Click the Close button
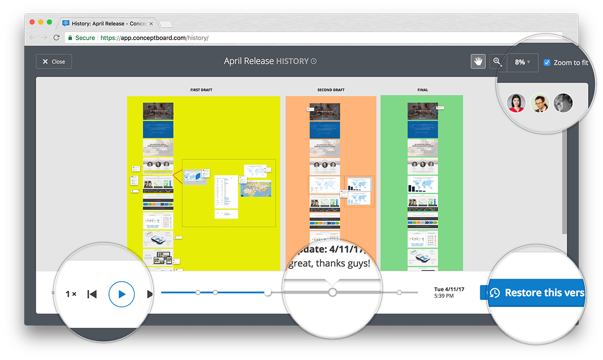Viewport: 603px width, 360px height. tap(54, 62)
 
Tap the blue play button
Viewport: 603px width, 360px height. tap(122, 294)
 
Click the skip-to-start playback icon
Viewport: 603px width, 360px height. tap(92, 294)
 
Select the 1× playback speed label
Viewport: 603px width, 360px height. tap(71, 294)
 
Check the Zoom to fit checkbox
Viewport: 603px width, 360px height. tap(547, 63)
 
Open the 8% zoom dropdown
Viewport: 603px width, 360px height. tap(522, 62)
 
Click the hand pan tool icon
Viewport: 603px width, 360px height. tap(478, 62)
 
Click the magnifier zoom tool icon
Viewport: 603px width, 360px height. tap(497, 62)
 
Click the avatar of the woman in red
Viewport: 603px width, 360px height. tap(516, 103)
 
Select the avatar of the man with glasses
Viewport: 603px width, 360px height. tap(540, 103)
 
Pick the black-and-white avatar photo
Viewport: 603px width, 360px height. tap(563, 103)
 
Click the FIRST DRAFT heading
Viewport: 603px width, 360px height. tap(201, 90)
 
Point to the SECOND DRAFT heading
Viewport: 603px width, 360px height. tap(331, 90)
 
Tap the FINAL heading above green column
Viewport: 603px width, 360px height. tap(423, 90)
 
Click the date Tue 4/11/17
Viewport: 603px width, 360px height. tap(449, 289)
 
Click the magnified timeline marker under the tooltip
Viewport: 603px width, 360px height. tap(332, 292)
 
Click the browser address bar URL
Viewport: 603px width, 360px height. tap(154, 38)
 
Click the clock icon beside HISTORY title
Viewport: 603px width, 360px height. tap(314, 61)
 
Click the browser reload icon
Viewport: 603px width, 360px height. tap(56, 38)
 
